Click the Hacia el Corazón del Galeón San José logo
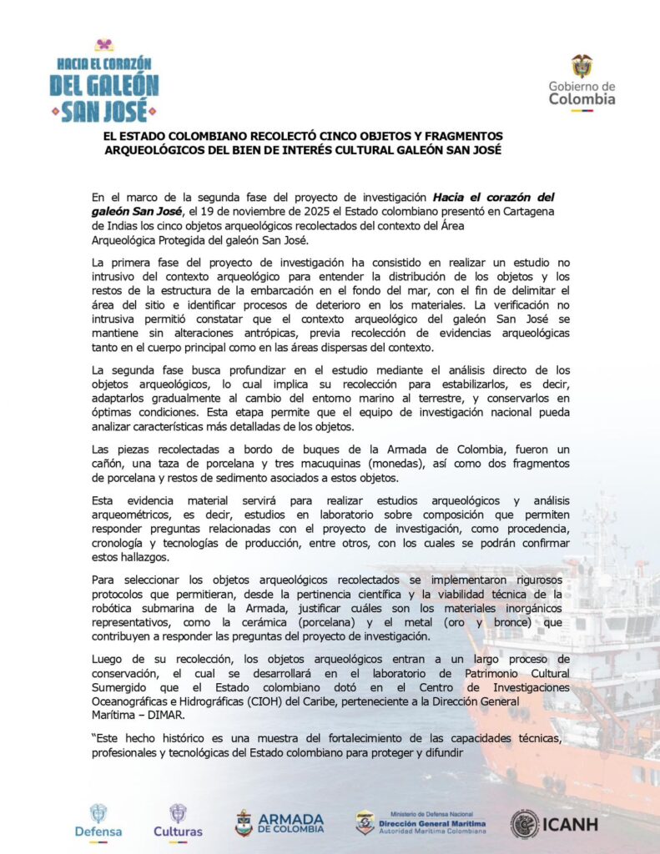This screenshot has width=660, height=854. point(104,81)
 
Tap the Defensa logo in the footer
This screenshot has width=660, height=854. point(98,820)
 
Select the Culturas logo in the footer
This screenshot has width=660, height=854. point(178,820)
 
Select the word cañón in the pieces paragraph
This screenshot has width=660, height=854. point(111,463)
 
